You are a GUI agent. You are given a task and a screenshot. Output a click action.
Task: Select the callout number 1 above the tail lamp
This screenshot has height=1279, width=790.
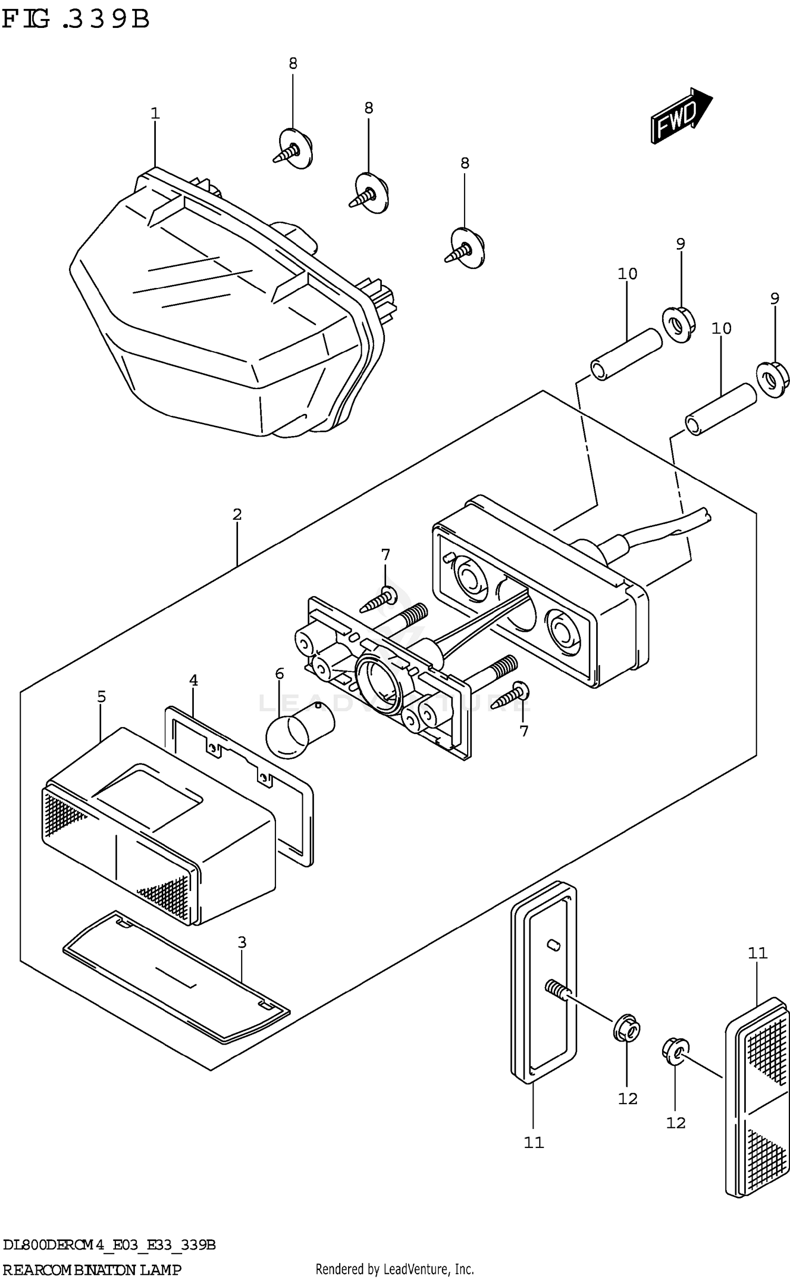click(155, 113)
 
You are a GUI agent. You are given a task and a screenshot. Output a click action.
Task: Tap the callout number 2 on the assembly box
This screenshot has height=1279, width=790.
click(237, 514)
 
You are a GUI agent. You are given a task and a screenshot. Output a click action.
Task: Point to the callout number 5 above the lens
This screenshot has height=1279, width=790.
click(102, 697)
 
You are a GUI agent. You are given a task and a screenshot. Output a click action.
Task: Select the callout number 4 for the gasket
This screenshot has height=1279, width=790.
click(193, 680)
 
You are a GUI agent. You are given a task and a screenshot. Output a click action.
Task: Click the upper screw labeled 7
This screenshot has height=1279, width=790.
click(379, 600)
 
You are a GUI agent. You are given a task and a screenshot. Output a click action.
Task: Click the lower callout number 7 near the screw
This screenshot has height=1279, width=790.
click(524, 731)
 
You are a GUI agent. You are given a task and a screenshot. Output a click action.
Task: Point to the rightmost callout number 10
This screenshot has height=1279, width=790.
click(721, 329)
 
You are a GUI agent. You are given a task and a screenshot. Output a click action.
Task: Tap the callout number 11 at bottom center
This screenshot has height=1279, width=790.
click(534, 1143)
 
